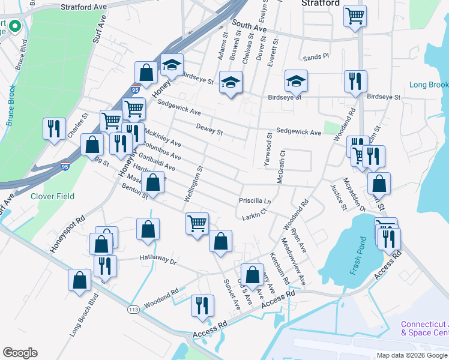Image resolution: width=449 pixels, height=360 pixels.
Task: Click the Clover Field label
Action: coord(53,196)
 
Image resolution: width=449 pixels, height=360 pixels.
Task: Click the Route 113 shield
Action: coord(133,310)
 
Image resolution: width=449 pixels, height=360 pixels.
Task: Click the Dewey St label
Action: coord(209,128)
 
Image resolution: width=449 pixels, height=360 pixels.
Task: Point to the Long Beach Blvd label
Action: coord(84,316)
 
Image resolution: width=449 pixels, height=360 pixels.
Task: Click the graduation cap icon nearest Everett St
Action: coord(295,80)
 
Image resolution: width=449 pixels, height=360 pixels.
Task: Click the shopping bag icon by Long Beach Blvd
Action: coord(80,279)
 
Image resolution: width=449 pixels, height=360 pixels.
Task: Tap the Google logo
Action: coord(20,353)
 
